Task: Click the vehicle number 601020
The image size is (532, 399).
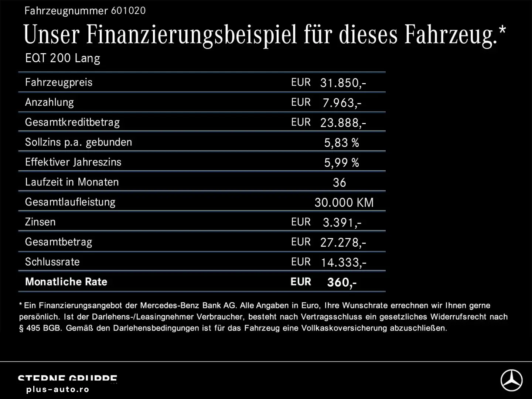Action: [x=128, y=11]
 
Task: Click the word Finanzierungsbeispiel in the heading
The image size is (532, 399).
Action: [x=191, y=35]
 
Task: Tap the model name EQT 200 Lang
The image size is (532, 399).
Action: [x=62, y=58]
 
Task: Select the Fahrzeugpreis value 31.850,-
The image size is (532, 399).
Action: [x=343, y=83]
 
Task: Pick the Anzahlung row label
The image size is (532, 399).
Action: [x=50, y=102]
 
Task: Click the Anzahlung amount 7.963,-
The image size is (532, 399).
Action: [x=342, y=103]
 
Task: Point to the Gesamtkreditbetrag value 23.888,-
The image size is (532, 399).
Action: [x=343, y=123]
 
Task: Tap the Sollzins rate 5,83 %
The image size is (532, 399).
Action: [x=341, y=143]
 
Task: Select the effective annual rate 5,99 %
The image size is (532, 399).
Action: [x=341, y=163]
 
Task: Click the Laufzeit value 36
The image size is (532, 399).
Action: [x=339, y=183]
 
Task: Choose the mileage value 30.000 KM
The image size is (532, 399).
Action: [x=344, y=202]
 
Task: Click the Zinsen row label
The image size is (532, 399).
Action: [x=40, y=222]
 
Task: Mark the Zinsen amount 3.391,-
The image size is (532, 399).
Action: [x=342, y=222]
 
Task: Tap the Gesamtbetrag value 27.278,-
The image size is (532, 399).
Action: [x=343, y=242]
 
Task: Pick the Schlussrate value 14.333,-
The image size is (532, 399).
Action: [x=343, y=262]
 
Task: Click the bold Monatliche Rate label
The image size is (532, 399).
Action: [x=66, y=282]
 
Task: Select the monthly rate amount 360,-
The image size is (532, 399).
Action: [x=342, y=282]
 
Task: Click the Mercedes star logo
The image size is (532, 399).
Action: [x=511, y=380]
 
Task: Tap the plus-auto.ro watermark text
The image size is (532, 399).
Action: [x=58, y=389]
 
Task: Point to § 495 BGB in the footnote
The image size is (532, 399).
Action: [x=40, y=328]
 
